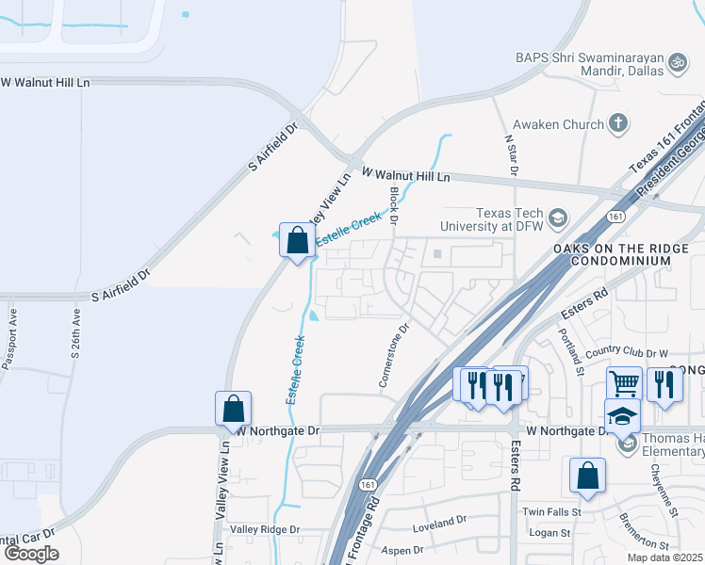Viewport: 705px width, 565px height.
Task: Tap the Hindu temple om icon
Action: (676, 63)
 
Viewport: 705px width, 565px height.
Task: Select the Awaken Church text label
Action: (557, 123)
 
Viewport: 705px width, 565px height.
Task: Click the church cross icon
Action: (617, 122)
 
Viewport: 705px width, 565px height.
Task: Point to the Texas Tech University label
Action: (495, 219)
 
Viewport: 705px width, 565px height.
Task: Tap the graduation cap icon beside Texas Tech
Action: (558, 219)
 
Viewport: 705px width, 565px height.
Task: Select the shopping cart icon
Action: (624, 383)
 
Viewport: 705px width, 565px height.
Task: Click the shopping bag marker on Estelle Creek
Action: (298, 240)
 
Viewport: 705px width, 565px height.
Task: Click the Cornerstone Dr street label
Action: (394, 356)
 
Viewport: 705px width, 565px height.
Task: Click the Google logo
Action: (31, 554)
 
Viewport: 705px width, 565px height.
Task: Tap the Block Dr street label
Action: (395, 206)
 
